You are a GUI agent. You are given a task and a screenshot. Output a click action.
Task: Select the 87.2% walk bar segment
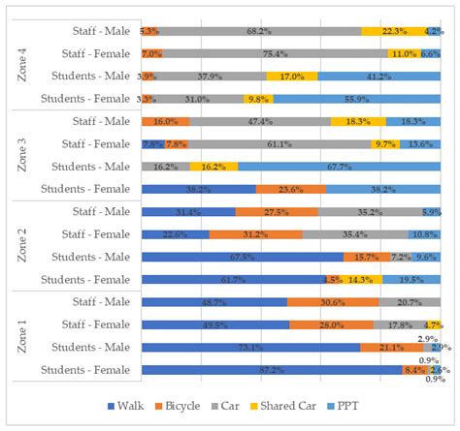[x=271, y=370]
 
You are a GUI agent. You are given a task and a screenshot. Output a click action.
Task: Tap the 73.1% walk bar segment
[x=250, y=347]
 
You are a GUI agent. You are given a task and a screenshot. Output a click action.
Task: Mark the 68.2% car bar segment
[x=258, y=31]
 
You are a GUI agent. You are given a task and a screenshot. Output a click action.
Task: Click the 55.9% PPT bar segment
[x=356, y=99]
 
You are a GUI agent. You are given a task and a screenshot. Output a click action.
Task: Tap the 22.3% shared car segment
[x=393, y=31]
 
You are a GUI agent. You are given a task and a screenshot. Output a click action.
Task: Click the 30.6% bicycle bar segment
[x=332, y=302]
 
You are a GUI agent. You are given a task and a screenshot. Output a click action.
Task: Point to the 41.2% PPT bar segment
[x=378, y=76]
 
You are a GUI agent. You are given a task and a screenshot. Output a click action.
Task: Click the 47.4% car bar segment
[x=259, y=121]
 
